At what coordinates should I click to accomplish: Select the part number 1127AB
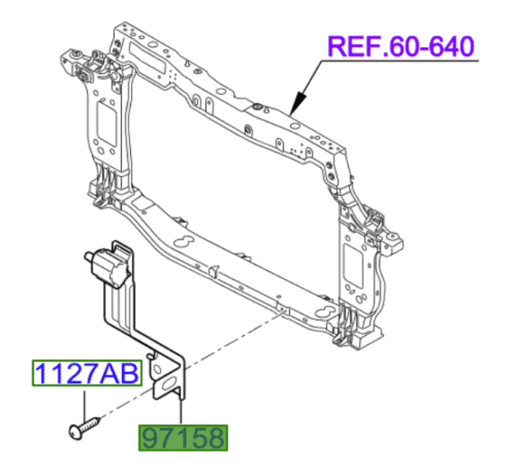[x=85, y=372]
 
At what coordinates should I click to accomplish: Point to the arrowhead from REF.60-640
[x=293, y=109]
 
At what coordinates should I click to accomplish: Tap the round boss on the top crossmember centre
[x=256, y=108]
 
